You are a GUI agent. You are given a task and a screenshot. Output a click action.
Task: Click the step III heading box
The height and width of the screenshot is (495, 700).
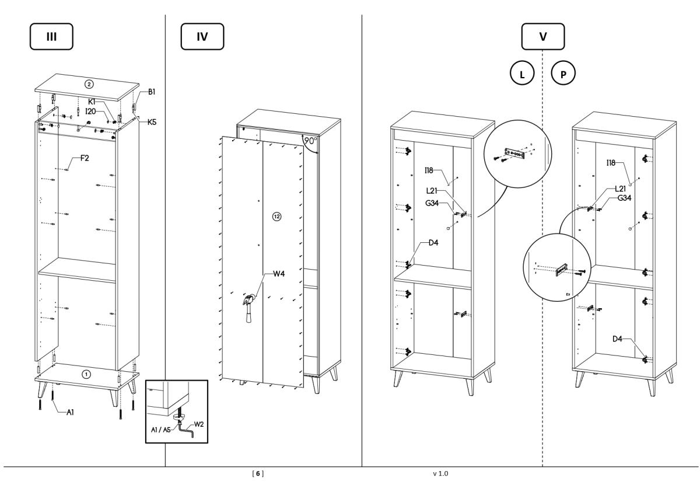pos(52,36)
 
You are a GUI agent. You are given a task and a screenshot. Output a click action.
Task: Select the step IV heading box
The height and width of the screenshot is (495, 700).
pos(202,36)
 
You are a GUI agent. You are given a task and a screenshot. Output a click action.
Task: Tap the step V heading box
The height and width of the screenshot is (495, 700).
pos(543,36)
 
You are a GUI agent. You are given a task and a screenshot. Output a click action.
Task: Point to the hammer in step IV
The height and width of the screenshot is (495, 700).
pos(248,307)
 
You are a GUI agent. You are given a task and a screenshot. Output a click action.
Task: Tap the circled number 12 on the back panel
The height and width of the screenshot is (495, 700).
pos(276,217)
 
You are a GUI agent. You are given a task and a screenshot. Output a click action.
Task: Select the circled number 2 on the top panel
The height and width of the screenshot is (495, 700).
pos(88,83)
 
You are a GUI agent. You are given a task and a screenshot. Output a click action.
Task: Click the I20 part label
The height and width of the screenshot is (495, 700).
pos(90,110)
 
